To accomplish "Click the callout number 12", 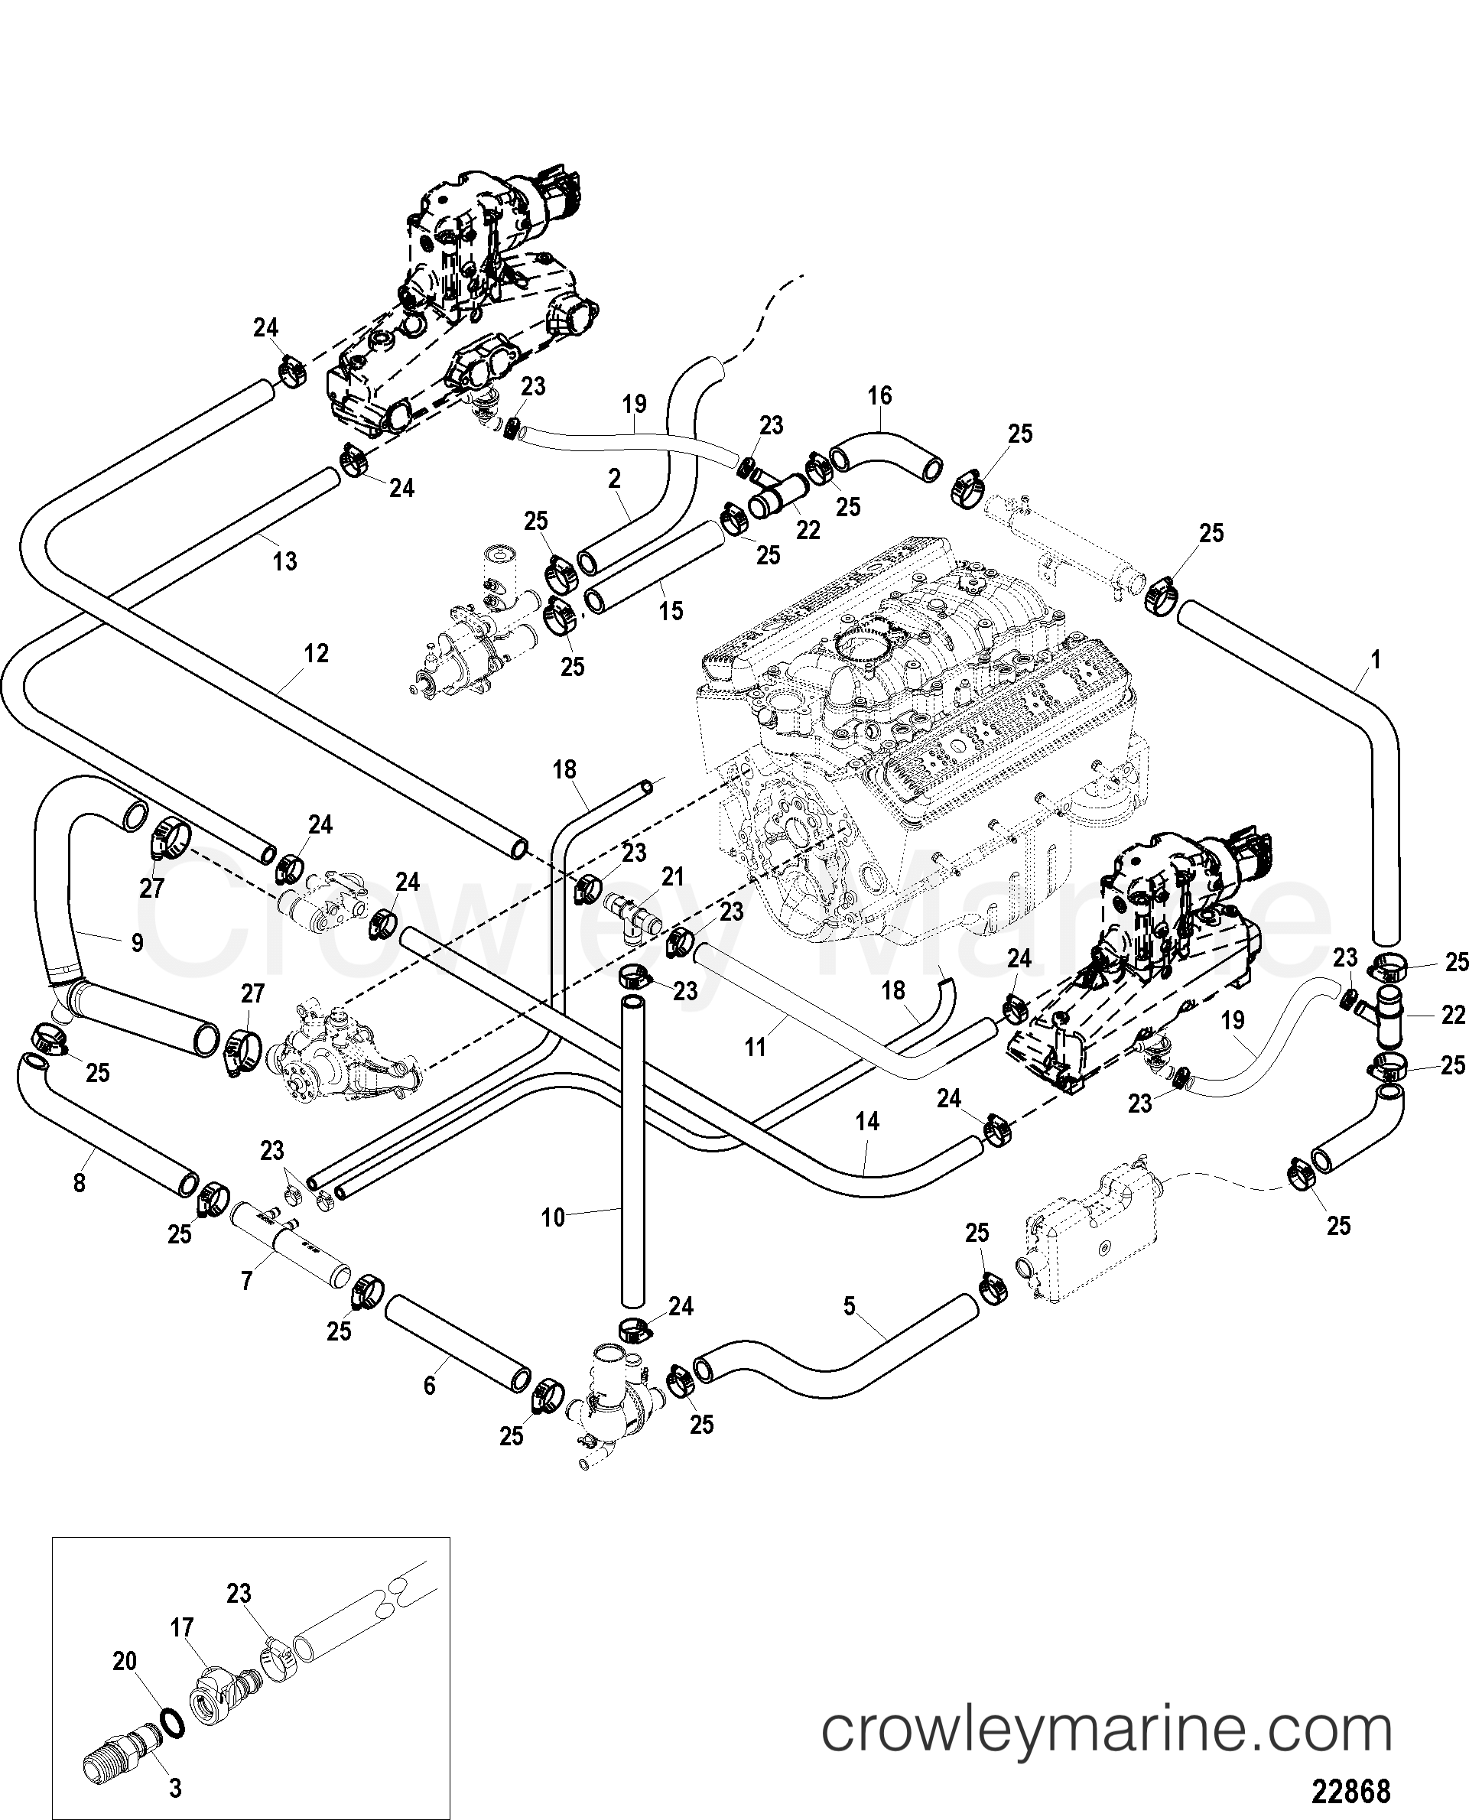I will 316,653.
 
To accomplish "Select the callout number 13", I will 285,561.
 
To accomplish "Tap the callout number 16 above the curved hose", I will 879,395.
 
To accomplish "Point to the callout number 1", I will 1376,660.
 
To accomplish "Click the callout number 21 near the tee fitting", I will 673,876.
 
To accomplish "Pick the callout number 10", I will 553,1218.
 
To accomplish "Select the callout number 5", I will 850,1305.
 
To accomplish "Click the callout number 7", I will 246,1281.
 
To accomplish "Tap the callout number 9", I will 137,941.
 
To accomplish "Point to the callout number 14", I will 867,1122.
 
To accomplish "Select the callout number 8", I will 80,1182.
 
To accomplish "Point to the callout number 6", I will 429,1386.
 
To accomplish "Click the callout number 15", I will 671,610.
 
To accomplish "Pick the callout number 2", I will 614,479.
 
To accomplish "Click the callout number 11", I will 755,1047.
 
